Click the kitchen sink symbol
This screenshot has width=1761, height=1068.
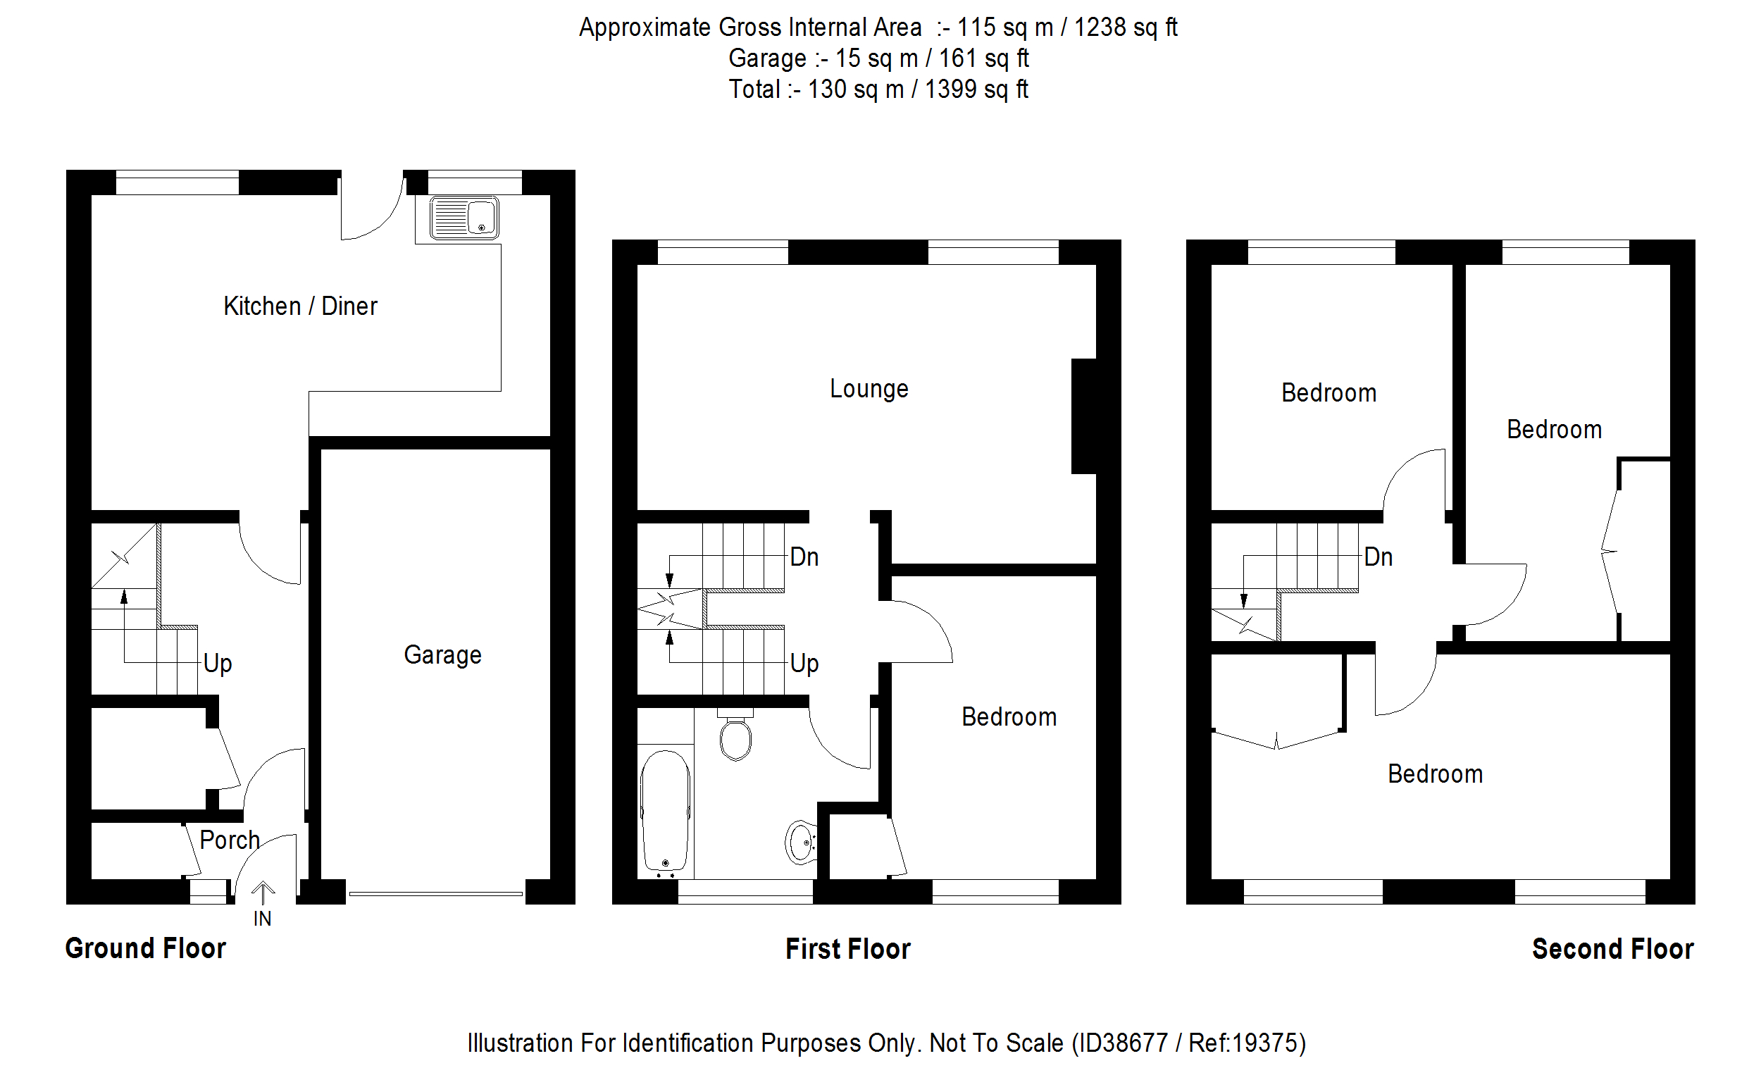[x=463, y=217]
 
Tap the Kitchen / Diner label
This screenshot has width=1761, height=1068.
[x=300, y=306]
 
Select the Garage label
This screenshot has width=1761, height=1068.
[x=442, y=654]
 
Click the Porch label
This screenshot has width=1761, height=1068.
[x=230, y=840]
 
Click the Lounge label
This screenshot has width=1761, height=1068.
[x=869, y=389]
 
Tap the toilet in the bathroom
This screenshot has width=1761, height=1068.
[x=735, y=735]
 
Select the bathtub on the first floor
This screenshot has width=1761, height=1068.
[x=666, y=812]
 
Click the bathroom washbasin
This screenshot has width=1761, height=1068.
[x=801, y=842]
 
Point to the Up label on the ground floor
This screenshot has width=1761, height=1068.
[x=217, y=664]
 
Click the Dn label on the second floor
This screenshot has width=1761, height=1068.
[x=1378, y=557]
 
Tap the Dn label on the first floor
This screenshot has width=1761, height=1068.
[x=804, y=557]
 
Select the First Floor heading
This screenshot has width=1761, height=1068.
[x=848, y=950]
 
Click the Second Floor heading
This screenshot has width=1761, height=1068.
[x=1613, y=950]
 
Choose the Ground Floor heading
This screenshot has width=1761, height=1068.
[x=146, y=949]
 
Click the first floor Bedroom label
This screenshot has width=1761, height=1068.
[x=1009, y=717]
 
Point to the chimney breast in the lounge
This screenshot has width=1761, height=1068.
[x=1083, y=416]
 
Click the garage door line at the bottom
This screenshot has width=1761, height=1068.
[x=436, y=893]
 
